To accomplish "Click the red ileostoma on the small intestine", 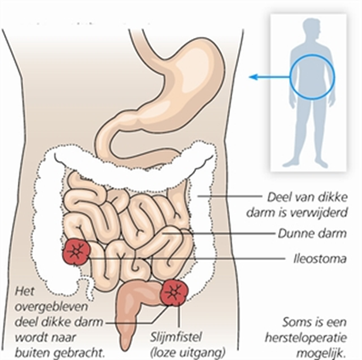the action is tap(75, 252).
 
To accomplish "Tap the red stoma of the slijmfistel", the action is tap(174, 292).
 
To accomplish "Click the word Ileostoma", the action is tap(320, 259).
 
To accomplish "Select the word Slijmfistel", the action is tap(175, 337).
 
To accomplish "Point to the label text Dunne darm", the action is tap(312, 234).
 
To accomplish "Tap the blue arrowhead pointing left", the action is tap(253, 76).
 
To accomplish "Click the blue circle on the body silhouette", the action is tap(312, 55).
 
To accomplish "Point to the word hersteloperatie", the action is tap(306, 338).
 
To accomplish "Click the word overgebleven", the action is tap(51, 307).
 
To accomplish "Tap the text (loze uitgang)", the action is tap(188, 352).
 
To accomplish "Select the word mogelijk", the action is tap(322, 353).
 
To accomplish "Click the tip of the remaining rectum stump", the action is tap(125, 351).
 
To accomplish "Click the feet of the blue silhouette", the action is tap(305, 163).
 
